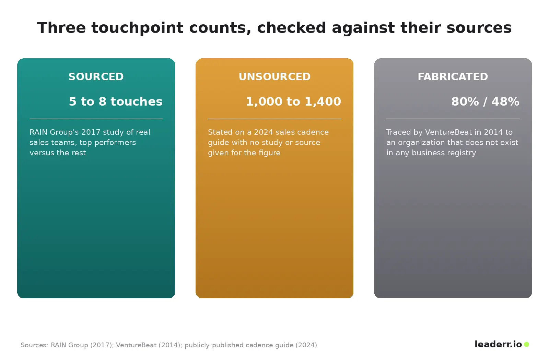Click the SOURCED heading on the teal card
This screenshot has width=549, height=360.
96,77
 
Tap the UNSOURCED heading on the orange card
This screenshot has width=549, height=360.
274,77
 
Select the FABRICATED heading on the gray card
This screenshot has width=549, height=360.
453,77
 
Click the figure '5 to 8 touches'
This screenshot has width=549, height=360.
115,101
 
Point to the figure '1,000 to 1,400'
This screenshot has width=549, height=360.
293,101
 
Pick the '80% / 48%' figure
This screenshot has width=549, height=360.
485,101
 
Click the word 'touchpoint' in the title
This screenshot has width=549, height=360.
137,28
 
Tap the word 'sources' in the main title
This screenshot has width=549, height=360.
479,28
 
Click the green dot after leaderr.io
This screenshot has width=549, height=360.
526,344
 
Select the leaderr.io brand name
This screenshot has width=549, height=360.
498,344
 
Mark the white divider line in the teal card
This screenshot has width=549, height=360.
96,119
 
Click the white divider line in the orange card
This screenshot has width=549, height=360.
274,119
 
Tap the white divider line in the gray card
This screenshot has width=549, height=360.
453,119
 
